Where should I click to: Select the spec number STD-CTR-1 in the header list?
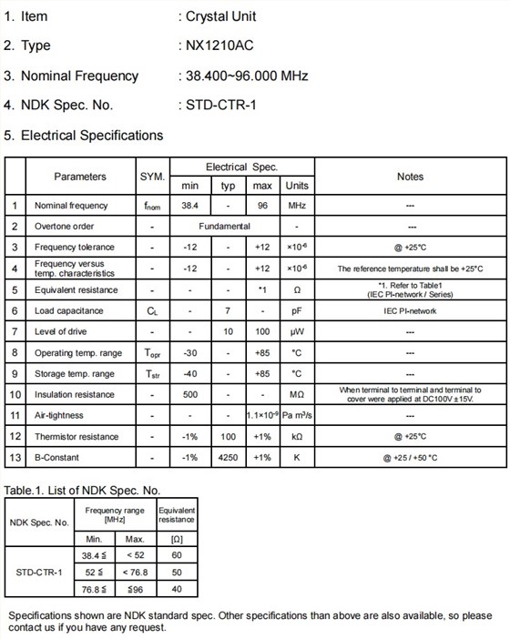point(221,105)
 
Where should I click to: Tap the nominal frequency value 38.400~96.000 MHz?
point(246,76)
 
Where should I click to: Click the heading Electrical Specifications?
point(91,135)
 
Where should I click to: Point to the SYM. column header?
point(152,177)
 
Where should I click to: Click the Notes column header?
point(410,177)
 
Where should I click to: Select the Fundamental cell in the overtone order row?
point(225,227)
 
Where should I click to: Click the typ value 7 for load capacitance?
point(228,310)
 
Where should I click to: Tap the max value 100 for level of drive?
point(262,331)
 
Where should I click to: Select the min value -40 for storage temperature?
point(189,373)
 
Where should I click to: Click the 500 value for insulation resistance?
point(189,394)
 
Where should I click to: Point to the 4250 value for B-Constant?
point(228,457)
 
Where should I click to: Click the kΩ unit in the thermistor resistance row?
point(296,436)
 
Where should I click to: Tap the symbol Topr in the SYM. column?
point(152,352)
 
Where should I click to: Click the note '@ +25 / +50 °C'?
point(410,457)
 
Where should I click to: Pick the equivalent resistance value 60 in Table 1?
point(177,553)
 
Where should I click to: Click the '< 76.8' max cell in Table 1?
point(134,572)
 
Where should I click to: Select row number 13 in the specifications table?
point(15,457)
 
